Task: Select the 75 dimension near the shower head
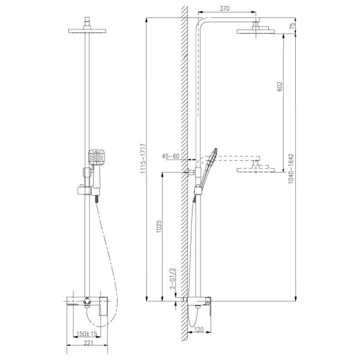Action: tap(291, 27)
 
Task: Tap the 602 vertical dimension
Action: tap(280, 85)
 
